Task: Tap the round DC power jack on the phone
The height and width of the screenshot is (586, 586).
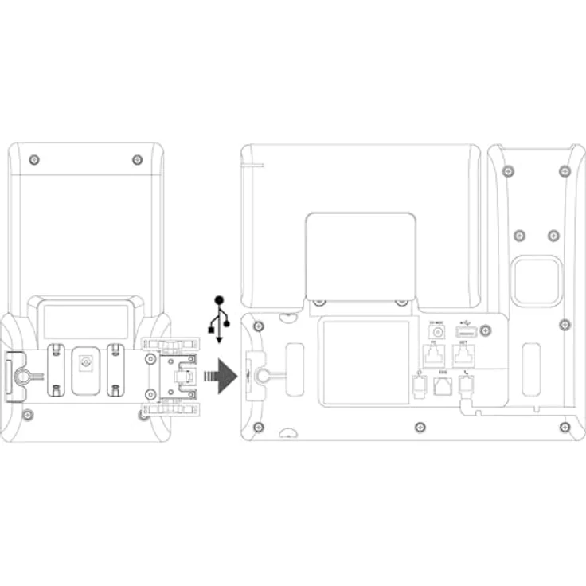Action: (436, 332)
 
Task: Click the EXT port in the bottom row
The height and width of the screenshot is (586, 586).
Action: (443, 386)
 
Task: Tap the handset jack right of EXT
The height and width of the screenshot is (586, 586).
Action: (466, 385)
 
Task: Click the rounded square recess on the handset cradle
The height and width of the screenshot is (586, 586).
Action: (537, 281)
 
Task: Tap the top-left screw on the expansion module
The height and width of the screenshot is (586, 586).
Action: (33, 160)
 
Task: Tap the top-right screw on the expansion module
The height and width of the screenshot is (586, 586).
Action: (137, 160)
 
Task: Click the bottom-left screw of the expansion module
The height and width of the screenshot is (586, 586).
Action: (29, 415)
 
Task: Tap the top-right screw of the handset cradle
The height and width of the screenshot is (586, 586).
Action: (565, 171)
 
